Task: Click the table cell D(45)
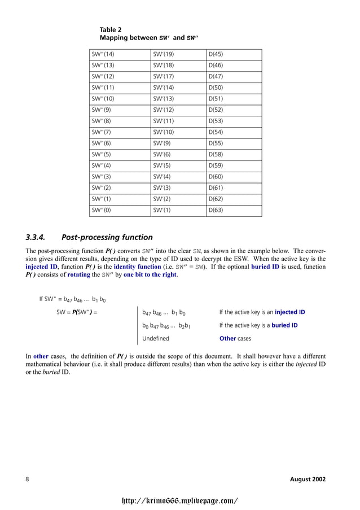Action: pos(216,55)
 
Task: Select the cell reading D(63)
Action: pos(216,211)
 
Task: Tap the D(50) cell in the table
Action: pos(216,88)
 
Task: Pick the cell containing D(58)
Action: pos(216,155)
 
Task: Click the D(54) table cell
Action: pos(216,133)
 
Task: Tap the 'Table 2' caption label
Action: pos(111,29)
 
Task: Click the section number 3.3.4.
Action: pos(39,237)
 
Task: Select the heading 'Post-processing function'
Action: pos(107,237)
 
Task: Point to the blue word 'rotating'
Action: pos(83,274)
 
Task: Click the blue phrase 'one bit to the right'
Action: pos(150,274)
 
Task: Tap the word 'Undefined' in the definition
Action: pos(156,339)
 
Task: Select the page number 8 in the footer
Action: pos(28,480)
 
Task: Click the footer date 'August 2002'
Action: pos(308,480)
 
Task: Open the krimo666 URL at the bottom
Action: pos(180,500)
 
